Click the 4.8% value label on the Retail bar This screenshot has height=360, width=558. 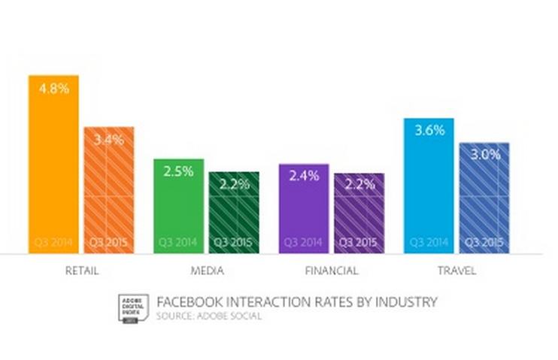click(53, 88)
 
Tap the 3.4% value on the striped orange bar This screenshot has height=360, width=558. click(108, 139)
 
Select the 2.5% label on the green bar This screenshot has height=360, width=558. click(178, 171)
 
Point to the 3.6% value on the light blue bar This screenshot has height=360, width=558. click(429, 130)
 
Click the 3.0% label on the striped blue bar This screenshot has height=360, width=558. click(484, 155)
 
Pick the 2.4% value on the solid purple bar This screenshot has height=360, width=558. click(304, 177)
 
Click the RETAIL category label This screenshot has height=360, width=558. click(82, 271)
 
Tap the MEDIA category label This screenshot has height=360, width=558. click(206, 271)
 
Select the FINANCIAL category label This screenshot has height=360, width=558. click(331, 271)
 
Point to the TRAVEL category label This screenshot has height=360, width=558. click(457, 271)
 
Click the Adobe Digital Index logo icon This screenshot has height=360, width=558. click(132, 307)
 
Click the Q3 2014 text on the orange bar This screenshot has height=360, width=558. click(53, 242)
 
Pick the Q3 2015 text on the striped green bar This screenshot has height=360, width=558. click(234, 242)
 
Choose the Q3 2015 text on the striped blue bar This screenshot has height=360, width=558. click(484, 242)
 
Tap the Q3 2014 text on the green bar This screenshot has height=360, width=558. click(178, 242)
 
